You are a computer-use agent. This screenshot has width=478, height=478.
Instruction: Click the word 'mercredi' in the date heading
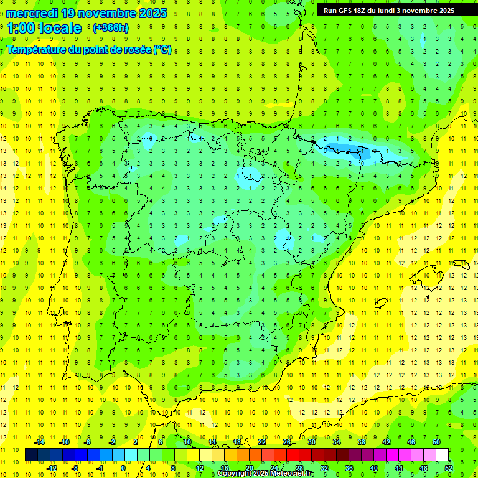coord(32,13)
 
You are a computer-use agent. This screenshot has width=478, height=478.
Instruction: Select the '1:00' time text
coord(20,28)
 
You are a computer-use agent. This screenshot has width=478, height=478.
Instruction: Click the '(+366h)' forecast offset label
coord(111,28)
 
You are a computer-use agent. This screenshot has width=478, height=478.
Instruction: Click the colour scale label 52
coord(448,468)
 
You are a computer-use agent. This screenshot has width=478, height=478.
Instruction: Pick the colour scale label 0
coord(124,468)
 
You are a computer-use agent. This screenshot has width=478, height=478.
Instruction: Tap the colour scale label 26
coord(287,442)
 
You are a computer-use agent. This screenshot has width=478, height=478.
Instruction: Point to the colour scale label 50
coord(436,442)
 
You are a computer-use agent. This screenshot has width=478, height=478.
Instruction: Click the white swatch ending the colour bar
coord(442,455)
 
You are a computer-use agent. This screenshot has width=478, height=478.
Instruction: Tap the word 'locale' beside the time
coord(60,28)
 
